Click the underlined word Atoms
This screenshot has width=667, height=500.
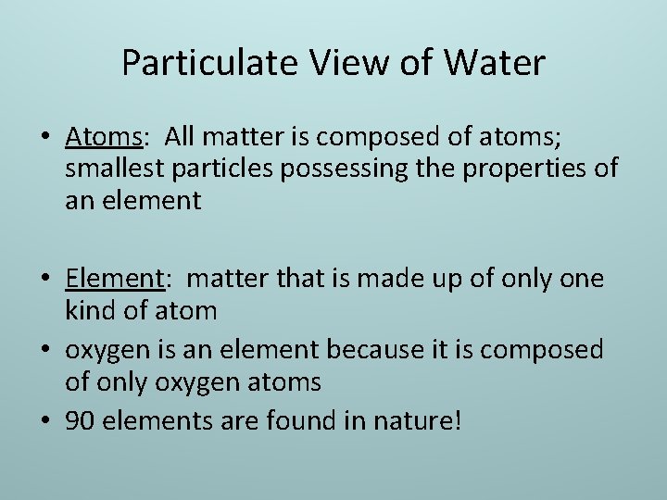[103, 138]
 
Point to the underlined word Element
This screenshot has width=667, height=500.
[114, 279]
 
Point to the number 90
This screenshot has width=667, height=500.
[81, 421]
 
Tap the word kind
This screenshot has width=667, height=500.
[89, 310]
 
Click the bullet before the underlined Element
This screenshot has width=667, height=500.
[45, 280]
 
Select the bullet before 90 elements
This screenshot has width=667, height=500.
[45, 422]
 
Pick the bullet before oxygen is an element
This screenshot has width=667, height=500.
[45, 350]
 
